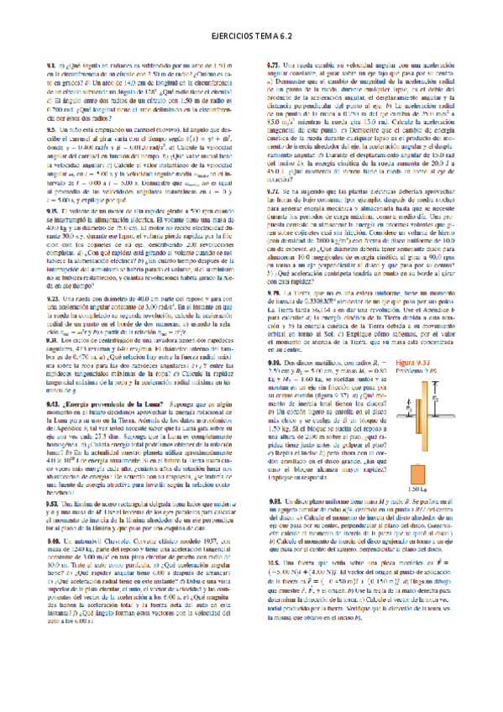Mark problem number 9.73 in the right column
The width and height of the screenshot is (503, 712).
pyautogui.click(x=273, y=65)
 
